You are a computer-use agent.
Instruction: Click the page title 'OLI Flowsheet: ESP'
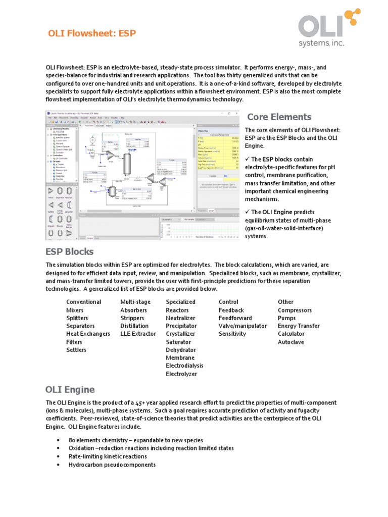[91, 33]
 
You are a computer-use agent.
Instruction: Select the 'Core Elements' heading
[279, 117]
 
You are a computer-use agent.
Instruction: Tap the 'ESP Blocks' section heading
[70, 251]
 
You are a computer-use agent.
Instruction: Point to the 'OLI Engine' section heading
[70, 389]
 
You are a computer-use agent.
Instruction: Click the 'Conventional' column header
[84, 302]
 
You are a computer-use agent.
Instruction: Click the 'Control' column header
[228, 302]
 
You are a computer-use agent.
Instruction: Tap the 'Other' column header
[285, 302]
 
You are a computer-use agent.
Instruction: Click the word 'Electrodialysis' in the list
[186, 366]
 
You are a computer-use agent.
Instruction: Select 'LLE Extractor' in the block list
[138, 334]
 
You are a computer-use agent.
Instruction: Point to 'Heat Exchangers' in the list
[88, 334]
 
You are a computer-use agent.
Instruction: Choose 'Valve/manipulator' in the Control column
[243, 326]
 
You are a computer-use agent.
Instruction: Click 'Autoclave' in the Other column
[292, 342]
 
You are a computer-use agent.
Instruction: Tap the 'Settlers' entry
[76, 350]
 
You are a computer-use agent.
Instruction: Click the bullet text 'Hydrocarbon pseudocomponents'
[112, 464]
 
